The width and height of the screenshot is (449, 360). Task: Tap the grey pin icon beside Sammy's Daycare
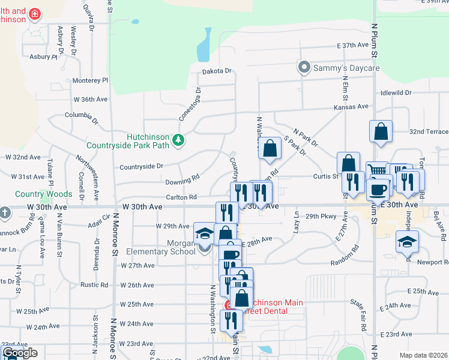(x=305, y=67)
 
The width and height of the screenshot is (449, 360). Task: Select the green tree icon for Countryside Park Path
(x=178, y=140)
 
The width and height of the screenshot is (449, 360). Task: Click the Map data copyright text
(x=424, y=355)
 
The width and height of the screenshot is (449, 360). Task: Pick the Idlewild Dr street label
(x=396, y=93)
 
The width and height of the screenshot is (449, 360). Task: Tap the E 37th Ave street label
(x=352, y=45)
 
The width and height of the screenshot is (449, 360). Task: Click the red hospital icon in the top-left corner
(x=35, y=13)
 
